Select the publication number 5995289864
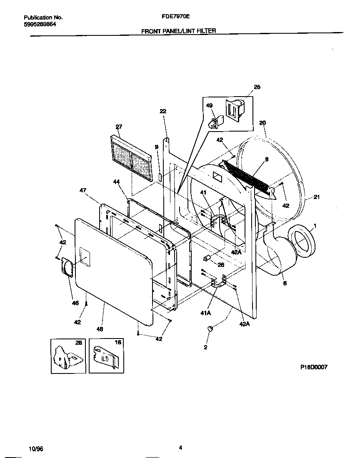tap(40, 24)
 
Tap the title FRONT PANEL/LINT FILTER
tap(179, 31)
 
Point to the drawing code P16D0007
tap(314, 367)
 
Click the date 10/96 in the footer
tap(36, 449)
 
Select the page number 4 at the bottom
tap(180, 448)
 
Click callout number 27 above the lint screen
tap(119, 127)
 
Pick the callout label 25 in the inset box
tap(257, 87)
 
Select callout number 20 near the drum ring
tap(262, 123)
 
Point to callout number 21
tap(316, 197)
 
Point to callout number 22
tap(162, 111)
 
